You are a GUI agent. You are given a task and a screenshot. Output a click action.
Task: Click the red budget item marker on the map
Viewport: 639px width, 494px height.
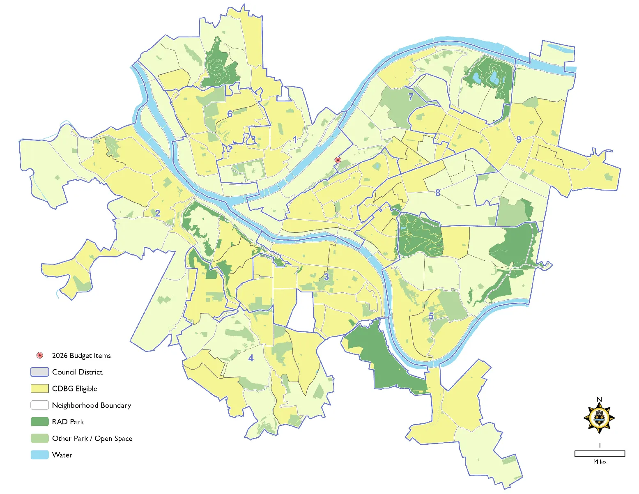(338, 160)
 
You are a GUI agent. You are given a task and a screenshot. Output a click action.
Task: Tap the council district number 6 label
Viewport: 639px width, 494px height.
(230, 114)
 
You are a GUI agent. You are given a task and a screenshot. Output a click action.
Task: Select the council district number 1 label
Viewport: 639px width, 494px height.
(295, 140)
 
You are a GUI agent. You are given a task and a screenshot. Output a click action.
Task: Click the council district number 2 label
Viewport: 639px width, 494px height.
(157, 213)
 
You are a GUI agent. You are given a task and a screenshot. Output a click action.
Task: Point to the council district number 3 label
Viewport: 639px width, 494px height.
(326, 277)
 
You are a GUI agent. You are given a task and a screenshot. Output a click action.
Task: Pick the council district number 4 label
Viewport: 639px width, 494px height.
(251, 358)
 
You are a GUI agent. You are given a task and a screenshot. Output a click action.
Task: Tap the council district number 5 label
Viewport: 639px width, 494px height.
(431, 316)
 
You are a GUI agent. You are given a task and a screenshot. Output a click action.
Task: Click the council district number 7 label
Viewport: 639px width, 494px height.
(411, 97)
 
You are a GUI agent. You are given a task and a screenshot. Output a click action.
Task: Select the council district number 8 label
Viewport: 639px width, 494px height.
(438, 193)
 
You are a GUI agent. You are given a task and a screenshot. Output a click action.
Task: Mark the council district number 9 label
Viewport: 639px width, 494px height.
(519, 140)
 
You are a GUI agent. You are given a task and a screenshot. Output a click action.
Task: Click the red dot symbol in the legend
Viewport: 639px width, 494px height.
(40, 355)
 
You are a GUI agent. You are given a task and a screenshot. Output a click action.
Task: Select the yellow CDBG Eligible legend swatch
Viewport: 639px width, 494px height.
(40, 388)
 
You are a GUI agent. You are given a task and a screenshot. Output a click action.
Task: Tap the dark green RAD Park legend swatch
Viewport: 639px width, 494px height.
(40, 422)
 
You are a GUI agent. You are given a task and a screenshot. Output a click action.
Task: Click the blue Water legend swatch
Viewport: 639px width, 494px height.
(40, 455)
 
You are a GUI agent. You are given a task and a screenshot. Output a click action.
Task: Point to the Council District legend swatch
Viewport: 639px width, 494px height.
(40, 372)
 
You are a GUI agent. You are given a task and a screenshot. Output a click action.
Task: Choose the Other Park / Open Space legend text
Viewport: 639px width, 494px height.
(92, 439)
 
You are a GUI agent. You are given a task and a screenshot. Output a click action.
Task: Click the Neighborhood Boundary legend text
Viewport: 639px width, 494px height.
(91, 405)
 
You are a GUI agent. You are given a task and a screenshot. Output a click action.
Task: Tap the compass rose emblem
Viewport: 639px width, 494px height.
(599, 418)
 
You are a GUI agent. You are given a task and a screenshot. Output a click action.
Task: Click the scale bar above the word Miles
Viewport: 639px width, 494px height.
(600, 453)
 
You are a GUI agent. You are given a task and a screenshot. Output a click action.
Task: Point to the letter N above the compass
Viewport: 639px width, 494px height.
(599, 400)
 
